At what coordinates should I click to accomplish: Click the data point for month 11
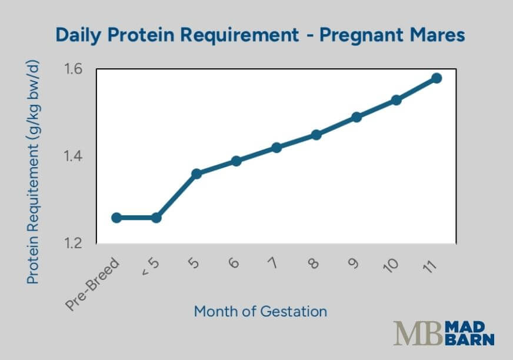[436, 78]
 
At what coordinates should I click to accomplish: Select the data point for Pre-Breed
[116, 218]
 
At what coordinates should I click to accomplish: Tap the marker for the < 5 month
[156, 218]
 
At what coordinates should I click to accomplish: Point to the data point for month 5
[196, 174]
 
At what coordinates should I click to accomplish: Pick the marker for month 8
[316, 135]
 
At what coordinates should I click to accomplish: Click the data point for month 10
[396, 100]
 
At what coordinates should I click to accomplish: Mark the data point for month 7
[276, 148]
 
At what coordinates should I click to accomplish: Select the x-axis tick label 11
[430, 265]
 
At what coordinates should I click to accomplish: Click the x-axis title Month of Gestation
[260, 311]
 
